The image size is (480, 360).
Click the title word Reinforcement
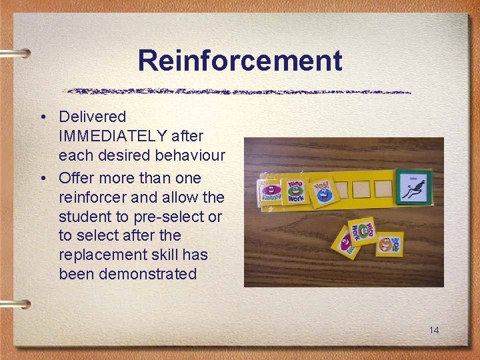[x=240, y=61]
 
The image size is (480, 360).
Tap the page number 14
[x=433, y=330]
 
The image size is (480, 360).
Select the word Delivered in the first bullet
[x=92, y=117]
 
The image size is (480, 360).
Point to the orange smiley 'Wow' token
[x=388, y=245]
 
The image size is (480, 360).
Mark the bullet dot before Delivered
[x=42, y=117]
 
